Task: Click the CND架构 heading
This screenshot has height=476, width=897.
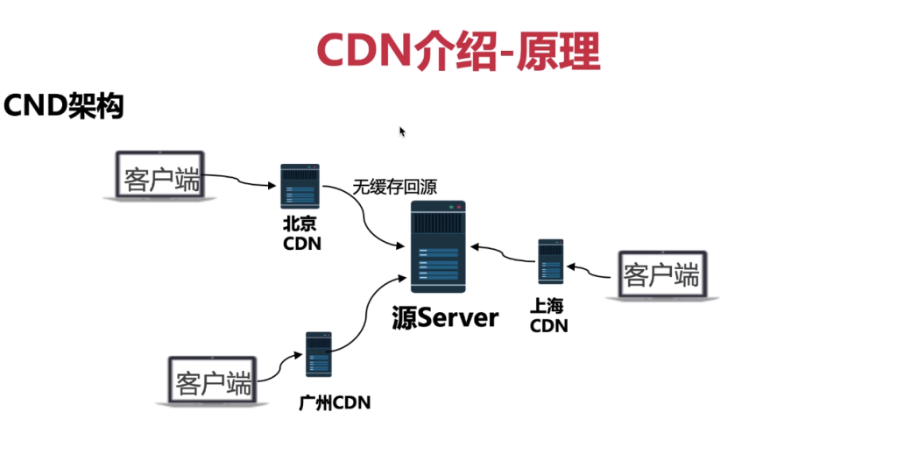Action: point(63,106)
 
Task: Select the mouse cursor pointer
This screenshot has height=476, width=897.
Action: point(402,131)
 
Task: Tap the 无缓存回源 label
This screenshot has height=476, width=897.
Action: point(394,187)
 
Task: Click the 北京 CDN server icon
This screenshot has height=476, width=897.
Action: point(300,186)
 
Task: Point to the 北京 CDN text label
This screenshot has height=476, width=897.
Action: point(301,234)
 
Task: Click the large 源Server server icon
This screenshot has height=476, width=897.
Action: point(439,246)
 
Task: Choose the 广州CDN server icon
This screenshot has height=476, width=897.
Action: point(318,354)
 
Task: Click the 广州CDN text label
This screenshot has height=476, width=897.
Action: point(335,402)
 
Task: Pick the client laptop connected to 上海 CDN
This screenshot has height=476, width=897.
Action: point(661,276)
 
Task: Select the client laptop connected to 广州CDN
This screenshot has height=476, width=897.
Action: point(212,382)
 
